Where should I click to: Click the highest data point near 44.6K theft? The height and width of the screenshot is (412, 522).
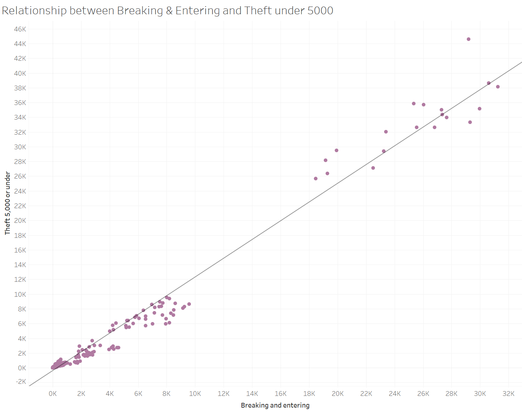pyautogui.click(x=469, y=39)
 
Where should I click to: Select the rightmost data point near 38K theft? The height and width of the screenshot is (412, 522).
pyautogui.click(x=498, y=87)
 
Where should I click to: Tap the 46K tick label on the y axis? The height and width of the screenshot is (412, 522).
pyautogui.click(x=20, y=29)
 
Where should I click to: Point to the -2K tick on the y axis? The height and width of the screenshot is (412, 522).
pyautogui.click(x=21, y=382)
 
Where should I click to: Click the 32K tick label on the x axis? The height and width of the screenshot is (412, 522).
pyautogui.click(x=508, y=394)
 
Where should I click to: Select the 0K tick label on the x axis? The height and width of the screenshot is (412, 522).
pyautogui.click(x=53, y=394)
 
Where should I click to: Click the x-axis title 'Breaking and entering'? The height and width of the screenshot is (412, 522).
pyautogui.click(x=275, y=405)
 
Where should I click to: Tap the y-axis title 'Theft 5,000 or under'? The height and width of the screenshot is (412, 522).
pyautogui.click(x=8, y=203)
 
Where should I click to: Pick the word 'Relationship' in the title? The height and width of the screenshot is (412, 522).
pyautogui.click(x=34, y=11)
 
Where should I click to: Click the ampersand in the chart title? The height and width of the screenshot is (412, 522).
pyautogui.click(x=169, y=11)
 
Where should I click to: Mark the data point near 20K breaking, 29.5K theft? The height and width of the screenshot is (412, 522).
pyautogui.click(x=337, y=150)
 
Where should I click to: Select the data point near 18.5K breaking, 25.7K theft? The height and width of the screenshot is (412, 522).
pyautogui.click(x=316, y=179)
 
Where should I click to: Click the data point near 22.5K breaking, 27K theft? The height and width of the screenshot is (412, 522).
pyautogui.click(x=373, y=168)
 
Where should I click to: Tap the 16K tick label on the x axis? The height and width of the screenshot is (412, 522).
pyautogui.click(x=281, y=394)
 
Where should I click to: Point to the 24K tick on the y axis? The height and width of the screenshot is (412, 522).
pyautogui.click(x=20, y=191)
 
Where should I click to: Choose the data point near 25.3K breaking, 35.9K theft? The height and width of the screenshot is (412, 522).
pyautogui.click(x=414, y=104)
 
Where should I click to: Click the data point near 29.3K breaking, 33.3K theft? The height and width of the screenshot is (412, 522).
pyautogui.click(x=470, y=122)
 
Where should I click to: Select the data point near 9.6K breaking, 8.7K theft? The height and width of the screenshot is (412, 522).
pyautogui.click(x=189, y=304)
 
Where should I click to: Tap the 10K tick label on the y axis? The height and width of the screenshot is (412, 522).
pyautogui.click(x=20, y=294)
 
